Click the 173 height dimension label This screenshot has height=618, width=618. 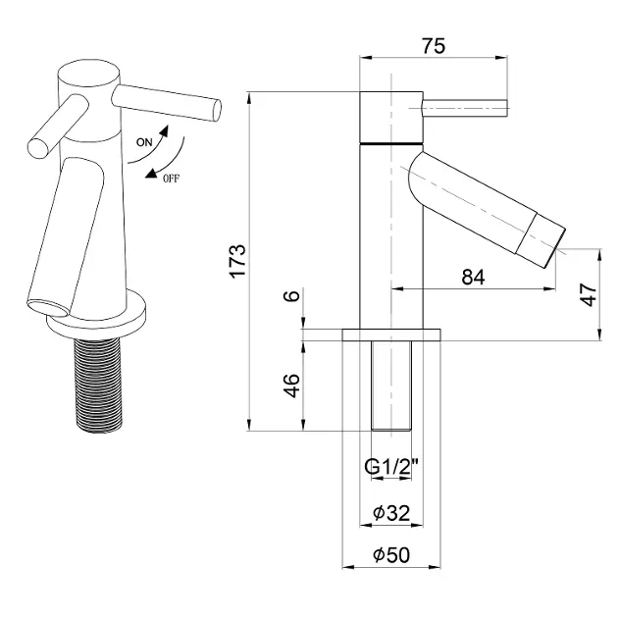[238, 262]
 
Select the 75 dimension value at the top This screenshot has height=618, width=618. [434, 46]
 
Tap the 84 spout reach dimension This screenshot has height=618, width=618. [473, 277]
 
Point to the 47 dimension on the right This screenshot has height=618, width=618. [589, 294]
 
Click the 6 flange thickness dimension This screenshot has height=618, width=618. [292, 295]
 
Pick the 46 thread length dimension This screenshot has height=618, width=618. [292, 386]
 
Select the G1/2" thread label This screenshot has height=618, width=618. [391, 467]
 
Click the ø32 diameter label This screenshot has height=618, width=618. [391, 513]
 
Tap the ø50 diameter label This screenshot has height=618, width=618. [391, 554]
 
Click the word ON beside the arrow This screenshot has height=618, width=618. [144, 142]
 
